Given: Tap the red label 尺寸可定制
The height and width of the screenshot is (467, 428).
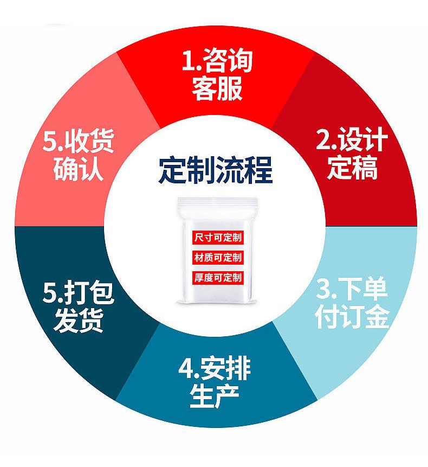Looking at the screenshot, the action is (218, 237).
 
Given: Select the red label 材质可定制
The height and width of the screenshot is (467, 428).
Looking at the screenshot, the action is (218, 257).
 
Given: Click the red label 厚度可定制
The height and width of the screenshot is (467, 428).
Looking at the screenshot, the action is (218, 278).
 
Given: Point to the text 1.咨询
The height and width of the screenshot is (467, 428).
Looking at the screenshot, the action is (217, 63).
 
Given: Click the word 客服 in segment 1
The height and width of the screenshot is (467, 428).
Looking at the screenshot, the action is (217, 89).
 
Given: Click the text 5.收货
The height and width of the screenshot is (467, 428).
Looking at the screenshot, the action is (77, 142).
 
